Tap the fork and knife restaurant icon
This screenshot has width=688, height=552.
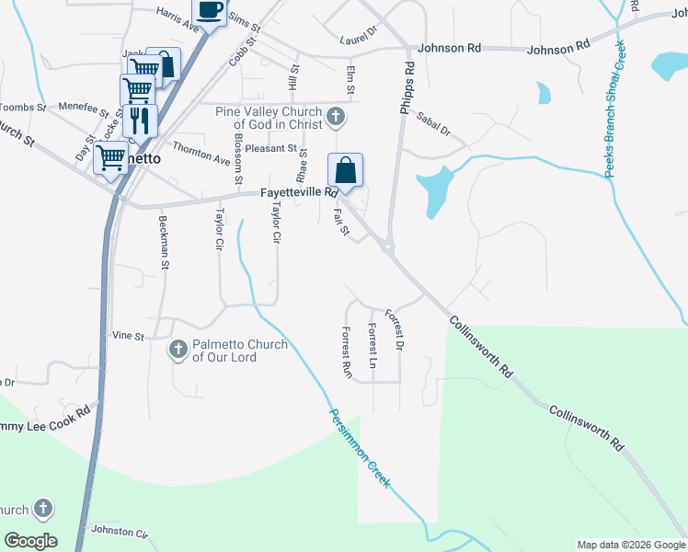pyautogui.click(x=140, y=120)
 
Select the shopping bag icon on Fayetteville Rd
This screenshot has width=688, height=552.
pyautogui.click(x=345, y=170)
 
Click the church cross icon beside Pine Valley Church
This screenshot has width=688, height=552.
pyautogui.click(x=336, y=117)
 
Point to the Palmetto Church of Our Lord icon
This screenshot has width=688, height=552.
pyautogui.click(x=178, y=350)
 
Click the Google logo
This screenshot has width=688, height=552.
pyautogui.click(x=30, y=540)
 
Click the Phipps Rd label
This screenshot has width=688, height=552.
pyautogui.click(x=407, y=87)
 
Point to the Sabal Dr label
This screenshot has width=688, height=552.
pyautogui.click(x=432, y=124)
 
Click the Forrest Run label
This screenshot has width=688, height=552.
pyautogui.click(x=347, y=353)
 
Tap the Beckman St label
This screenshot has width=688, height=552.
pyautogui.click(x=165, y=242)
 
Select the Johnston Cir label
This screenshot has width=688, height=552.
pyautogui.click(x=119, y=533)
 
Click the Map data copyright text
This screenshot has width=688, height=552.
pyautogui.click(x=630, y=545)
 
